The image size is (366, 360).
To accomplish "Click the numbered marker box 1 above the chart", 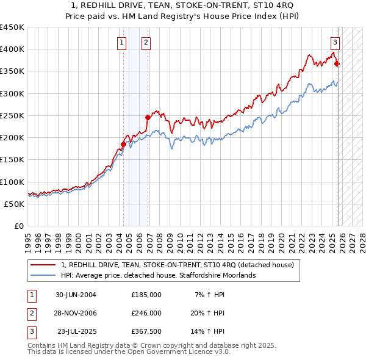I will click(x=122, y=42).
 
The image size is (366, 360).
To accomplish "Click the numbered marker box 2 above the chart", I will click(x=146, y=42).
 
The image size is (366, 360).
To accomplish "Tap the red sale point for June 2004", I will click(x=123, y=144).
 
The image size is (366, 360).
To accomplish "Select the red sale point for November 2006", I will click(x=148, y=117).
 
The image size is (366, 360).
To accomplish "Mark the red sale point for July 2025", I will click(x=337, y=63).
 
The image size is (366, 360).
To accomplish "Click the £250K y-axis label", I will click(x=12, y=115).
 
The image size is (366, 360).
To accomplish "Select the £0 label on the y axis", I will click(x=18, y=226).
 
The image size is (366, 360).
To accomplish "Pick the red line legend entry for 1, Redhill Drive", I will click(x=177, y=265).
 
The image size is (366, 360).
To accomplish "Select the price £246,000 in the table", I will click(x=146, y=313).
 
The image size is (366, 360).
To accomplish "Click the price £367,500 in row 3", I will click(x=146, y=331).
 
